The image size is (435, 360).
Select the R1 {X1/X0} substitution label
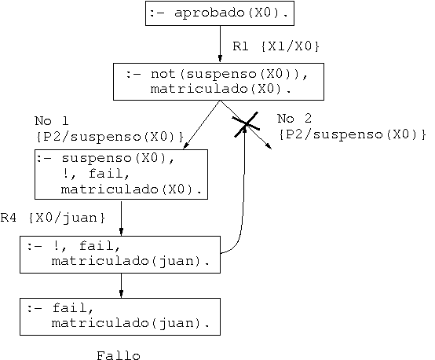[276, 46]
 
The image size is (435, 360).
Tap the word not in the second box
[163, 74]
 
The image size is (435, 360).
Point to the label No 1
[52, 121]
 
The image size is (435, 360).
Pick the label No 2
[294, 119]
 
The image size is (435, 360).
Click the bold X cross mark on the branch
[246, 124]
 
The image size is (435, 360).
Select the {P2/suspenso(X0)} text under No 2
[353, 134]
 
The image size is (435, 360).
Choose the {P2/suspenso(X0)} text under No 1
[110, 137]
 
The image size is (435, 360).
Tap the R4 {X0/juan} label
[53, 218]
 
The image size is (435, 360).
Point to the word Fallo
[119, 355]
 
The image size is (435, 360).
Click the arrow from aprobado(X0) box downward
[220, 44]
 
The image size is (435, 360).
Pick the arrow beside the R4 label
[121, 218]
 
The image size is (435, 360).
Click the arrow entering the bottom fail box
[121, 285]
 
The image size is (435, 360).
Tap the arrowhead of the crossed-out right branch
[269, 146]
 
